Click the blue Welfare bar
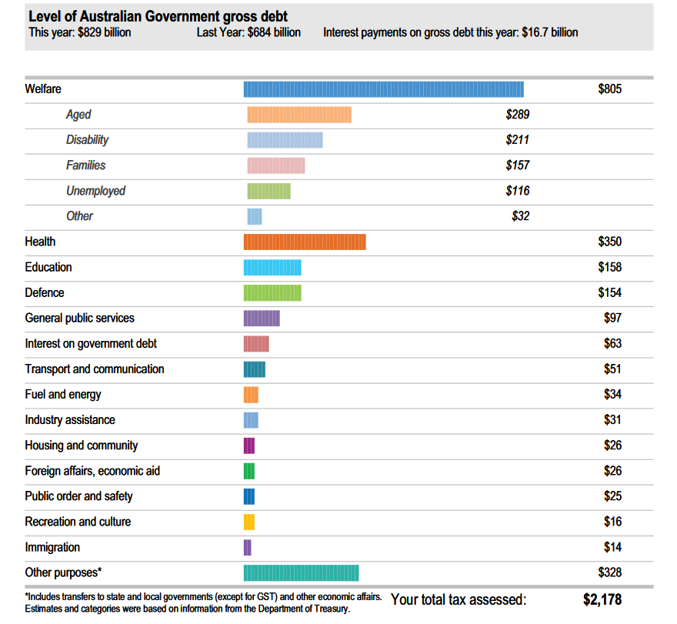383,89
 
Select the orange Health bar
305,242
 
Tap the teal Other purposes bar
301,572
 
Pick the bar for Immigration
247,547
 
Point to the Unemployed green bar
268,191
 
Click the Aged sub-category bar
298,115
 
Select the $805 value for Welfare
609,89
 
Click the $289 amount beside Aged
517,115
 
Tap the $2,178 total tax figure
602,599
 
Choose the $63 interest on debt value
612,343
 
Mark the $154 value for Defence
609,292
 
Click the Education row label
48,267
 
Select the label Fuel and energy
63,395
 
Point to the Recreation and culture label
78,522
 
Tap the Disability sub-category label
87,140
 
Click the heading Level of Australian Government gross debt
158,17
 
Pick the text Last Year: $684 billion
248,32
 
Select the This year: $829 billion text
80,32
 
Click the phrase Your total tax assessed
459,599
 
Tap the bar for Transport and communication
254,369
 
